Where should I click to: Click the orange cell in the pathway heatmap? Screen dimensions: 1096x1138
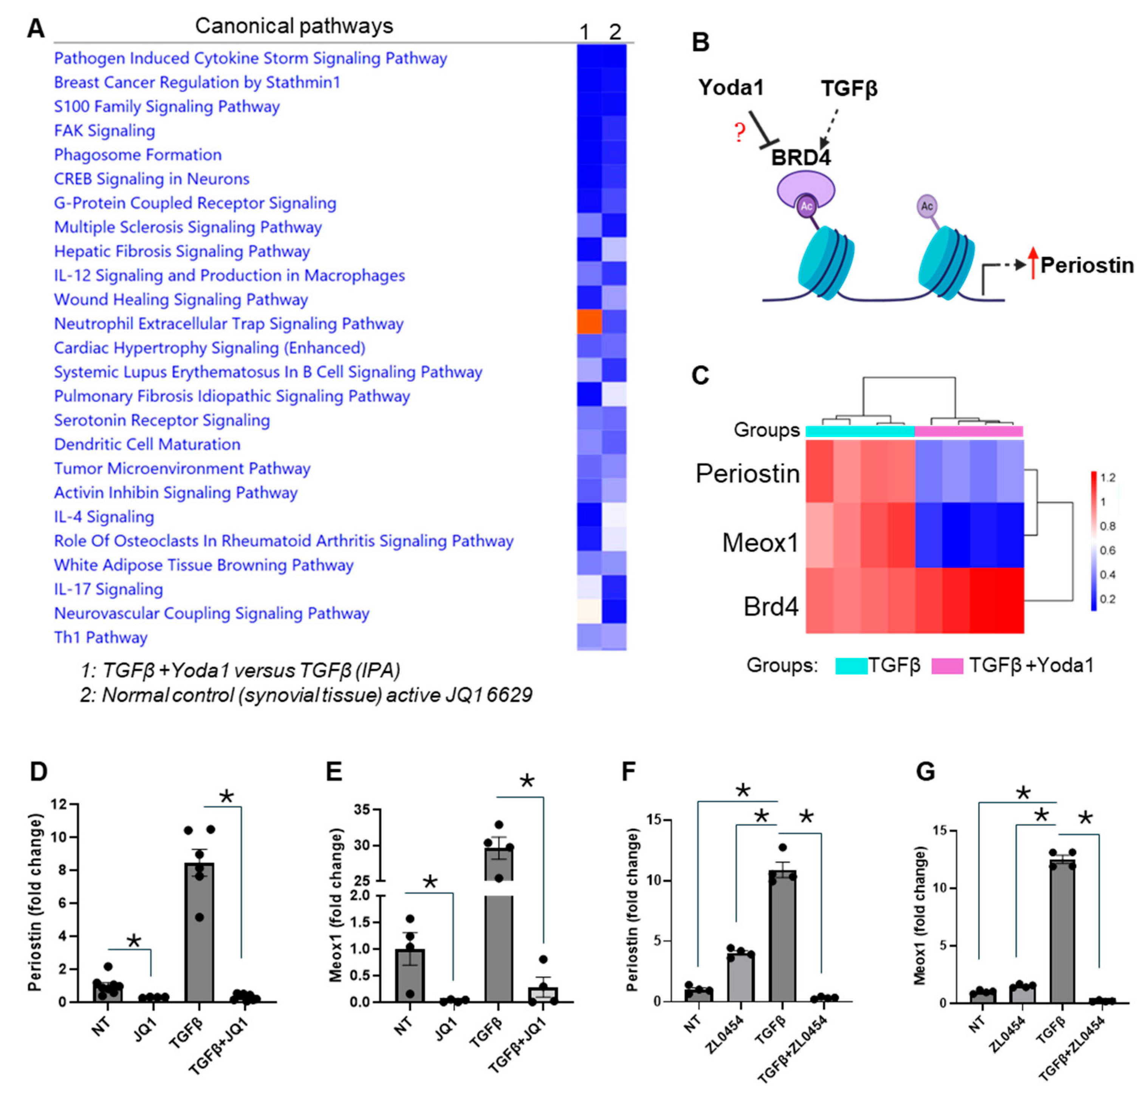click(x=589, y=321)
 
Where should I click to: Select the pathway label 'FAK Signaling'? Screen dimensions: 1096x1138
click(x=105, y=131)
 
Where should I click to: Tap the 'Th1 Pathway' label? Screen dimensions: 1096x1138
click(x=101, y=637)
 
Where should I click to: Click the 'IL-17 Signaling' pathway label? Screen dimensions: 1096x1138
click(x=108, y=589)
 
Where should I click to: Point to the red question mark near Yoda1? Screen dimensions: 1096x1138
click(x=739, y=132)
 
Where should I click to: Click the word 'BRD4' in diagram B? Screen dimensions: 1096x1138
click(x=800, y=157)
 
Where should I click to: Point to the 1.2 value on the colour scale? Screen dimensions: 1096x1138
click(x=1108, y=477)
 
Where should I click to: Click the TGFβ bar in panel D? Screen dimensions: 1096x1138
click(x=199, y=932)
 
